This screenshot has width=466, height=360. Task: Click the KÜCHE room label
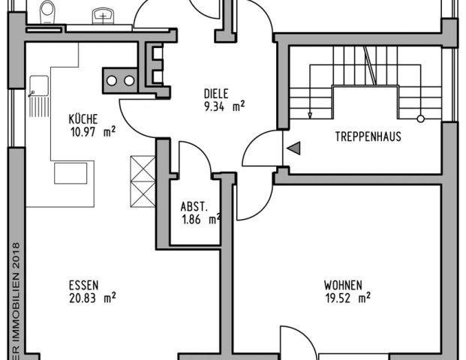coord(83,118)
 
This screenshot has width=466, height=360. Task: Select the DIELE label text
coord(215,94)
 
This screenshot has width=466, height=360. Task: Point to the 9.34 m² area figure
coord(225,106)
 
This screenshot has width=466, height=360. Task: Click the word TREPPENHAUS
coord(368,136)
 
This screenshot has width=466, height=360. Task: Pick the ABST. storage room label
coord(194,207)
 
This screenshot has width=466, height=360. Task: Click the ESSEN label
coord(83,285)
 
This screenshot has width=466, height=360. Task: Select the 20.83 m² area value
coord(92,298)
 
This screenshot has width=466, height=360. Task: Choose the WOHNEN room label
coord(344,285)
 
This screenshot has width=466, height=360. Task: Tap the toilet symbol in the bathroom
coord(48,13)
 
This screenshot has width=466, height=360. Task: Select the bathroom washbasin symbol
coord(101,15)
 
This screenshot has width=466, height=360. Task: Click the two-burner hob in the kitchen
coord(120,79)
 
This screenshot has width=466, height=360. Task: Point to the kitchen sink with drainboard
coord(38,96)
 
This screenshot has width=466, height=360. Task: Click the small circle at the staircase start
coord(421,118)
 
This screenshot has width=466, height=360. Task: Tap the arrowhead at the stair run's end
coord(311,115)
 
